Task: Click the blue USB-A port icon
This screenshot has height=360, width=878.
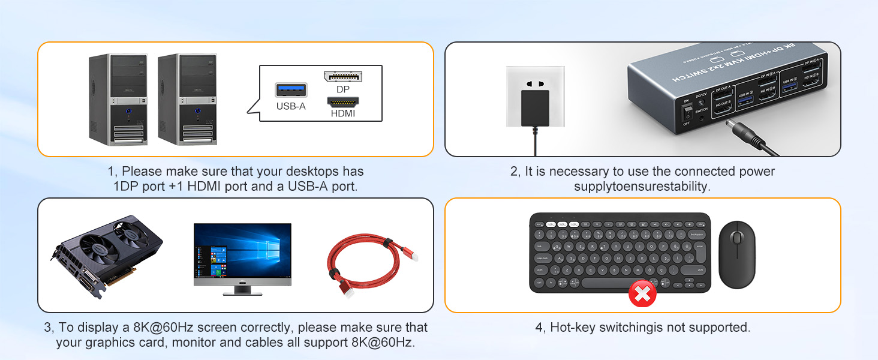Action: [x=291, y=90]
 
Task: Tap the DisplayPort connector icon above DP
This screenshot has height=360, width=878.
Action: [x=343, y=76]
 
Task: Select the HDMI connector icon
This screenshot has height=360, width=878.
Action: [x=343, y=102]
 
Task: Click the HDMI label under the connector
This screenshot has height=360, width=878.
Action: [x=343, y=113]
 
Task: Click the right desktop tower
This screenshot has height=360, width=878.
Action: [x=187, y=99]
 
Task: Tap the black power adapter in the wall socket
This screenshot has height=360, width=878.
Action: [x=536, y=108]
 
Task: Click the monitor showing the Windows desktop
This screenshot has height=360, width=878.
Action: [x=242, y=252]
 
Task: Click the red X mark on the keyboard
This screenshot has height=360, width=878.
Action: [x=642, y=293]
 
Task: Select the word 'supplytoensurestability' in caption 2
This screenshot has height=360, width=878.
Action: [x=642, y=187]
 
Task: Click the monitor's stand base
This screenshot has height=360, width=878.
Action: [x=242, y=293]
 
